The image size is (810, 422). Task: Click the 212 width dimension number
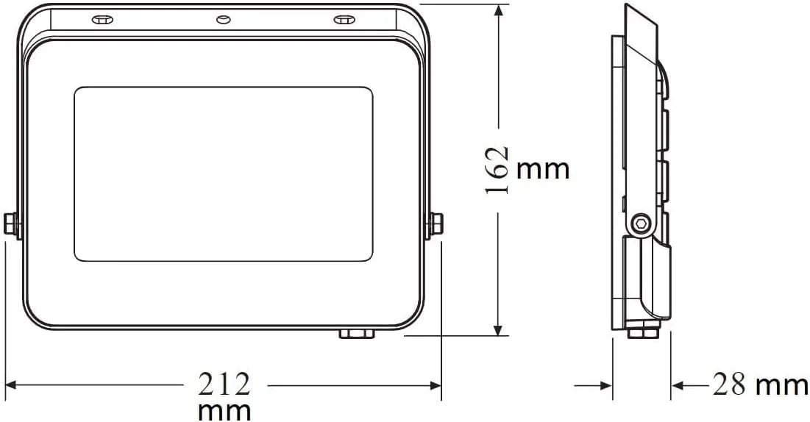[224, 385]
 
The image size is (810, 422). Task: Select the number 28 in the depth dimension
[729, 385]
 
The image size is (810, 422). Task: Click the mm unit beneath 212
[224, 411]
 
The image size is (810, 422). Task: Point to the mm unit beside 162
[542, 170]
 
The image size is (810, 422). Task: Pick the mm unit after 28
[781, 385]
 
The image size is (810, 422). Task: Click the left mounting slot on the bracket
[102, 20]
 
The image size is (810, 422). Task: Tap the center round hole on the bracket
[223, 20]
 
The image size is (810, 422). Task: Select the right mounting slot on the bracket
[344, 20]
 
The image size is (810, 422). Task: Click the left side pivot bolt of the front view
[10, 224]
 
